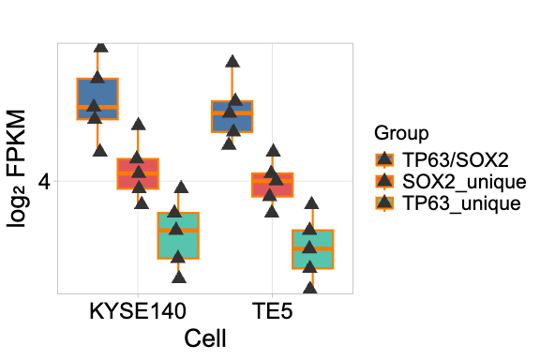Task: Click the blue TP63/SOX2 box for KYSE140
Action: pyautogui.click(x=97, y=98)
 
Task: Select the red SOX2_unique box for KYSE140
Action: pyautogui.click(x=138, y=174)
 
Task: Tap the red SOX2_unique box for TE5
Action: pyautogui.click(x=272, y=185)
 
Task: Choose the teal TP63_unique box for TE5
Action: pyautogui.click(x=312, y=249)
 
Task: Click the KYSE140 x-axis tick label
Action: pyautogui.click(x=138, y=310)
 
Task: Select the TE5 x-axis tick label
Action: pyautogui.click(x=272, y=310)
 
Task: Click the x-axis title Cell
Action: pyautogui.click(x=204, y=338)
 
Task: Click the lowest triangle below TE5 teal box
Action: pyautogui.click(x=310, y=287)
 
